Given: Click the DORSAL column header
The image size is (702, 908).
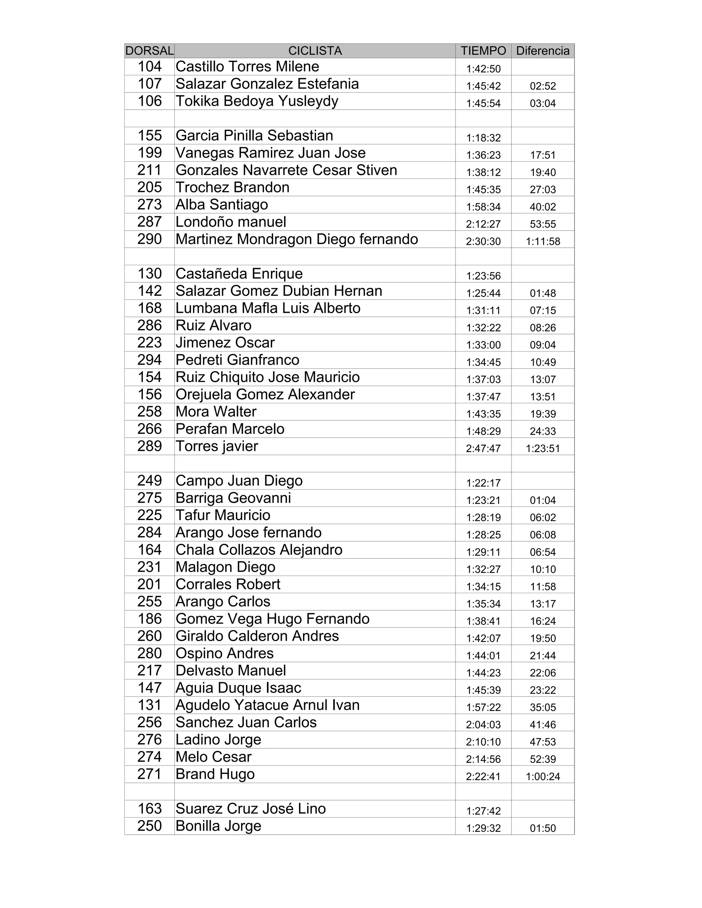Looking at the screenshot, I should click(x=149, y=51).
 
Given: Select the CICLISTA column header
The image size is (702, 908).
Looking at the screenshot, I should click(x=315, y=51).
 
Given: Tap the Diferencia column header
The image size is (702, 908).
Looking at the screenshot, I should click(x=543, y=51).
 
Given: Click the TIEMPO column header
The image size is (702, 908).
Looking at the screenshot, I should click(x=483, y=51).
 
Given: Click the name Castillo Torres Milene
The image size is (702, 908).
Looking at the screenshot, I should click(x=247, y=66).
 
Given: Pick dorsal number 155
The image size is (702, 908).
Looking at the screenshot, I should click(x=150, y=136).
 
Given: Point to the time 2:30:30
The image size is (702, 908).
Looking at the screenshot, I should click(x=483, y=241).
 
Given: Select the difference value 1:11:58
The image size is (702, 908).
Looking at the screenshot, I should click(x=543, y=241).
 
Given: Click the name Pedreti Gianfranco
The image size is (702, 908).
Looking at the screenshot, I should click(x=237, y=360).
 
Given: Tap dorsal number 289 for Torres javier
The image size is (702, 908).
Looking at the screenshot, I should click(x=150, y=446).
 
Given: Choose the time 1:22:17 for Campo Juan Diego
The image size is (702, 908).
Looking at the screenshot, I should click(x=483, y=483).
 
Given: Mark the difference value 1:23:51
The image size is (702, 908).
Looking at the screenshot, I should click(x=543, y=449).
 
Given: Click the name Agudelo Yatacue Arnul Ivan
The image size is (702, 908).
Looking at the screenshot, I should click(x=267, y=705).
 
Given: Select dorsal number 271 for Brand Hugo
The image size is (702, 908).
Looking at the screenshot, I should click(x=150, y=774).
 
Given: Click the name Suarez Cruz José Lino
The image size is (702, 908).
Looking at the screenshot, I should click(x=250, y=809).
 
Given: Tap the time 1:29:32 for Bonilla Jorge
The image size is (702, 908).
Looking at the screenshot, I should click(x=483, y=828).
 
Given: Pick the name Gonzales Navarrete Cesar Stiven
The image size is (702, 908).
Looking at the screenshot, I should click(x=286, y=170).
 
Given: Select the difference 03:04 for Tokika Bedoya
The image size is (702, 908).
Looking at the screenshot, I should click(x=543, y=103).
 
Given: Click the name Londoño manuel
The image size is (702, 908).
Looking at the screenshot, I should click(x=231, y=222).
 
